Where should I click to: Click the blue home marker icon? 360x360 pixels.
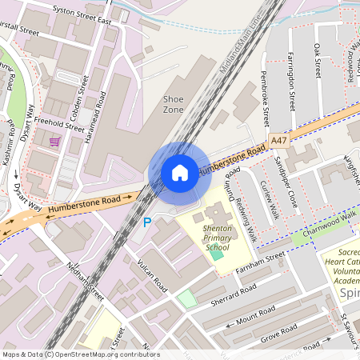180,172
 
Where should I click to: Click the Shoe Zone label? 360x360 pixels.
174,103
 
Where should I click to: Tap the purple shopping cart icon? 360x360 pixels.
54,142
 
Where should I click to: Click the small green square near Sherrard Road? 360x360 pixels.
186,298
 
